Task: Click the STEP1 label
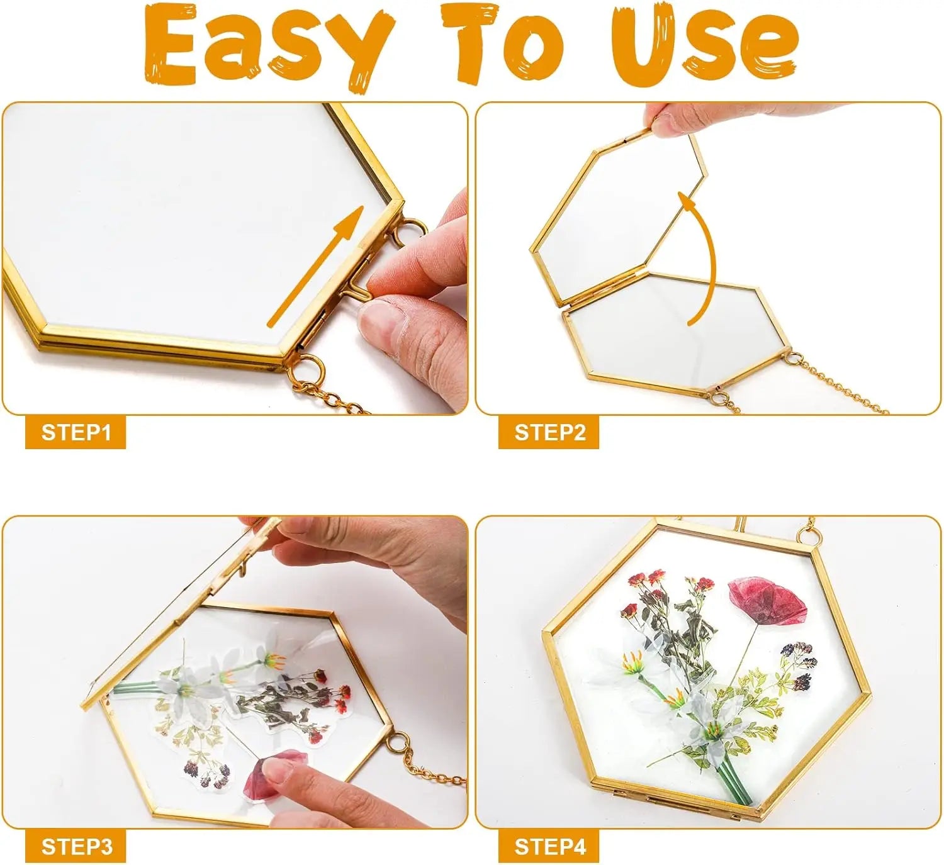point(76,432)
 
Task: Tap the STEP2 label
point(549,432)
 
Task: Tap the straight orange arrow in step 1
point(315,266)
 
